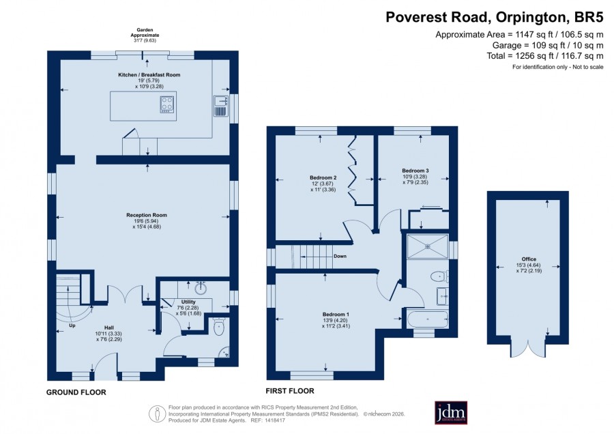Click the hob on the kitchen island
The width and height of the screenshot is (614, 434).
point(167,105)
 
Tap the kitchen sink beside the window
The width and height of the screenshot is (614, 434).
point(220,106)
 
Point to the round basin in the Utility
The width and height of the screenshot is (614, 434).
point(201,288)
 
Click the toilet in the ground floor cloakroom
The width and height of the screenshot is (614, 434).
point(219,326)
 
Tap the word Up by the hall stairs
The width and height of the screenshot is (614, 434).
point(72,325)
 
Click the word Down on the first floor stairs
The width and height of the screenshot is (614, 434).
point(340,256)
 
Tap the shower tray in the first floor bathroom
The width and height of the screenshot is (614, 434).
point(427,246)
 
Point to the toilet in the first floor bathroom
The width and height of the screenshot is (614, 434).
point(439,276)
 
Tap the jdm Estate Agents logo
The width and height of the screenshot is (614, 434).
point(451,412)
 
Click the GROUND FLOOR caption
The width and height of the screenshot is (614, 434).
point(76,392)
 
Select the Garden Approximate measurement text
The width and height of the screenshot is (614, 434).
point(145,35)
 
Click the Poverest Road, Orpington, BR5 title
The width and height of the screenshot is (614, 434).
point(495,17)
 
